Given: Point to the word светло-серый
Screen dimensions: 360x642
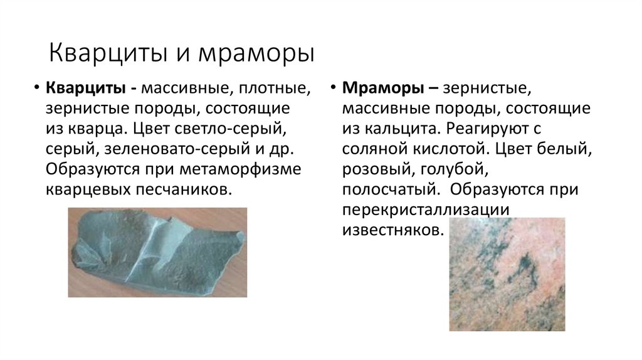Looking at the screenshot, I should [x=241, y=129].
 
